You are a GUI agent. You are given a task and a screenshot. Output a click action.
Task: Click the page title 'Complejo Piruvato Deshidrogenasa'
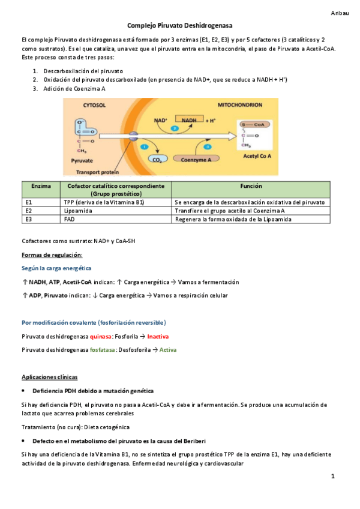[180, 26]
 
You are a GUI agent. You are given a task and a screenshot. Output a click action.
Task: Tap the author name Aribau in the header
[340, 13]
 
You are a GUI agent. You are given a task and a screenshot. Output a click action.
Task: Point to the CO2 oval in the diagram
[157, 160]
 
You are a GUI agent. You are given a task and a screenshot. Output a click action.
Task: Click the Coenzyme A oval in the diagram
[200, 160]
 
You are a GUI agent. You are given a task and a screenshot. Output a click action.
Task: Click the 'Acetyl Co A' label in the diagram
[257, 155]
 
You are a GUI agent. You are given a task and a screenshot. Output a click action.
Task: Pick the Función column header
[250, 186]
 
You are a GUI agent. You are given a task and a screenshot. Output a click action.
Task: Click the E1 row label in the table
[29, 203]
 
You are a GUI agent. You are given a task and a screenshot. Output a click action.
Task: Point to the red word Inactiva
[158, 336]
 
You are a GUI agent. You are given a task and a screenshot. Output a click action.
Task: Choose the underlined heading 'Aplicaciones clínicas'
[49, 377]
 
